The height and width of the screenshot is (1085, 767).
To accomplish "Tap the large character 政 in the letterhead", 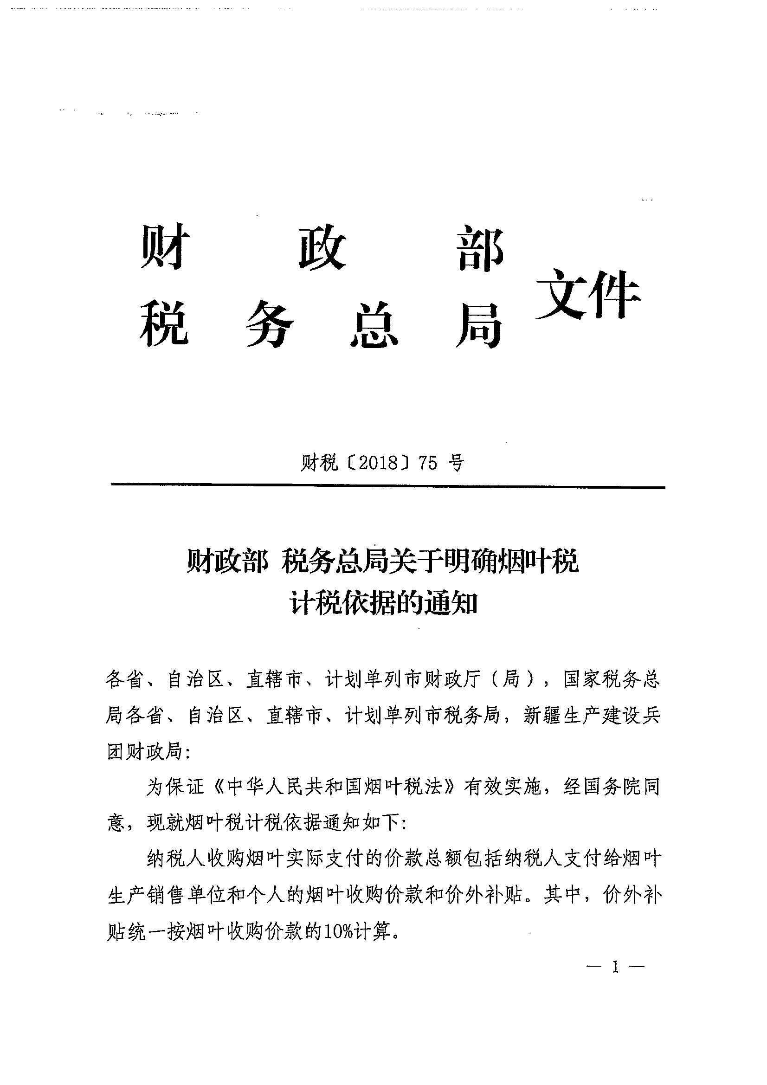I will coord(322,247).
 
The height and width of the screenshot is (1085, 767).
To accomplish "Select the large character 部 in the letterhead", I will coord(481,248).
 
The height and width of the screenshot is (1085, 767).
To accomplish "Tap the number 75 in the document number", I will coord(428,463).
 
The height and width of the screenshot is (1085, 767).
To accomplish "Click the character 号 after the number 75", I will coord(456,463).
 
